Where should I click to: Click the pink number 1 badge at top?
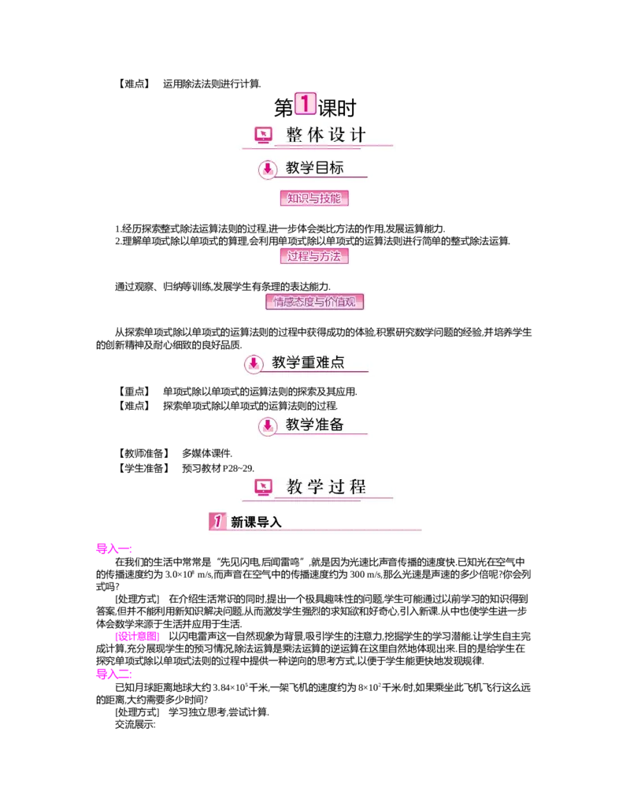coord(305,103)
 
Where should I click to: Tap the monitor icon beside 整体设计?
coord(263,136)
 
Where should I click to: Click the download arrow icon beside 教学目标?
coord(268,169)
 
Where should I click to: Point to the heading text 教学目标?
coord(314,168)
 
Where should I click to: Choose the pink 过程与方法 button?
coord(314,256)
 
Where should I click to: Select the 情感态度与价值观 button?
coord(314,302)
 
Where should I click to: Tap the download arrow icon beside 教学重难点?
coord(254,363)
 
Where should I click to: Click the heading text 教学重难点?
coord(308,362)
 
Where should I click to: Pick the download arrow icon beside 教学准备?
coord(268,425)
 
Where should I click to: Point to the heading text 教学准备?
coord(314,425)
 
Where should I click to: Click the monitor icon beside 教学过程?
coord(263,488)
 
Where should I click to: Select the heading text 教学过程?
coord(326,487)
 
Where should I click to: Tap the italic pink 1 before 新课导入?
coord(217,521)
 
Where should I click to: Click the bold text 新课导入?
coord(256,522)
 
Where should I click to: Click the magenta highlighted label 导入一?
coord(113,548)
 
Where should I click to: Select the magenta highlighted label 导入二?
coord(113,674)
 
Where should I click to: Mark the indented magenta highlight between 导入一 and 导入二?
coord(138,637)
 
